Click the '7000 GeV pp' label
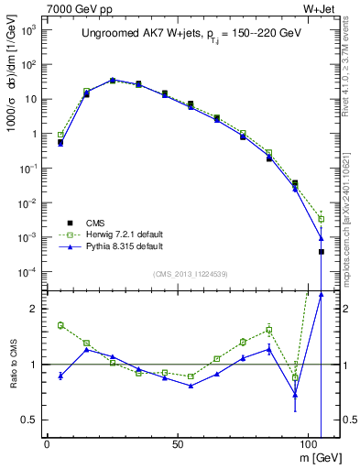[x=75, y=10]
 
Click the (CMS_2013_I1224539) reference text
[x=191, y=273]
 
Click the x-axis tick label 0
[x=47, y=444]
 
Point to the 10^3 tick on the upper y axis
[x=27, y=29]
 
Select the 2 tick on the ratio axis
[x=32, y=309]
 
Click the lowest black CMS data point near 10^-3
[x=321, y=251]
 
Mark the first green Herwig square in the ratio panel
[x=60, y=325]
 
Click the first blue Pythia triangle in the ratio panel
[x=60, y=376]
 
